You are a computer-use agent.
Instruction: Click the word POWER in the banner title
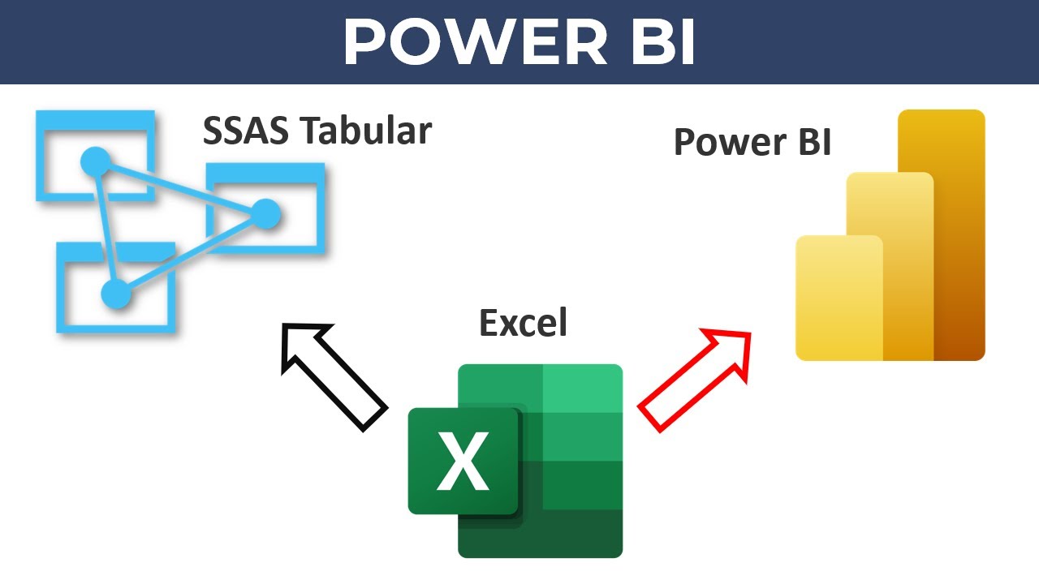475,42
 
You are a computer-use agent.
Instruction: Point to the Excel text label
523,323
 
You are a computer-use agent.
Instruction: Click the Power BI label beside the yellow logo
752,142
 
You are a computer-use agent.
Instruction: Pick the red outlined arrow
694,378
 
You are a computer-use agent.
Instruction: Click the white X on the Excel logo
463,461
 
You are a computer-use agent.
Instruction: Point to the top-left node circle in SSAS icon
96,161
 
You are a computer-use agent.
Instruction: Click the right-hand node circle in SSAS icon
265,214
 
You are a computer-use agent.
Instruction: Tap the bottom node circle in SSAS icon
116,294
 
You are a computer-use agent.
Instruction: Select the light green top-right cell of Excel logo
582,389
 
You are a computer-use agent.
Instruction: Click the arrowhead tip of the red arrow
748,333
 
